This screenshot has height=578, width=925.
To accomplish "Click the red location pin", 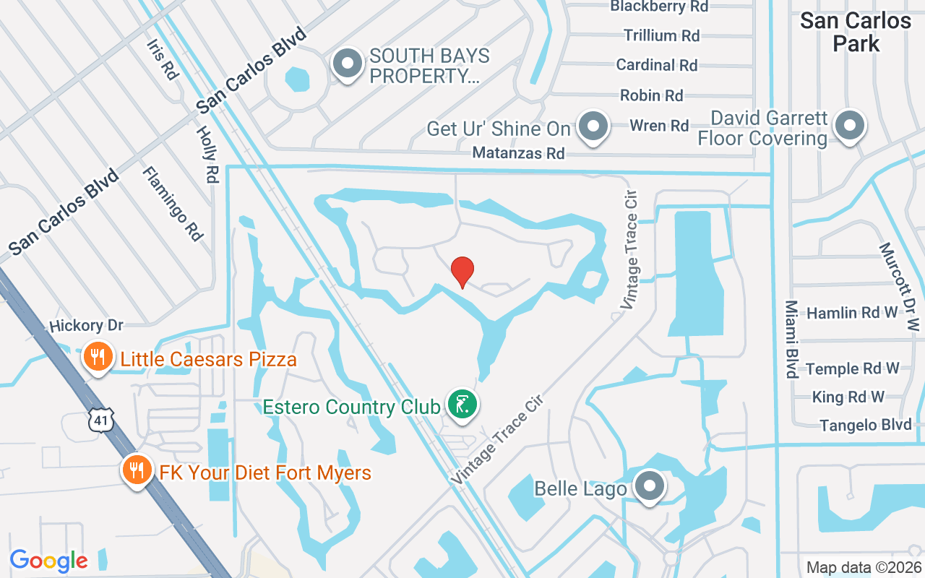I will coord(462,272).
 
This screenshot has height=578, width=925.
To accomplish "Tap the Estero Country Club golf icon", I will coord(461,404).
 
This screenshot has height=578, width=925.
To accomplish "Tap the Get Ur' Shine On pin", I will coord(594,126).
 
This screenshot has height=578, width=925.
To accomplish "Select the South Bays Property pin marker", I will coord(348,64).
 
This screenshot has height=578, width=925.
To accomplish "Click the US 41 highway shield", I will coord(101,420).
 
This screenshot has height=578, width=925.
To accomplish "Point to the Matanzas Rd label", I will coord(518,153).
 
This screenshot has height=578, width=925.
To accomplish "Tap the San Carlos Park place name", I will coord(856,32).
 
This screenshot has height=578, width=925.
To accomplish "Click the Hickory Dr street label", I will coord(87,326).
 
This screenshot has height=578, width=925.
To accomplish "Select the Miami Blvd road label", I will coord(791,339).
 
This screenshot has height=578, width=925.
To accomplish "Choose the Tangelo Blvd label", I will coord(866,425).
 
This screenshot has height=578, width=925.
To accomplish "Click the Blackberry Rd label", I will coord(659,7).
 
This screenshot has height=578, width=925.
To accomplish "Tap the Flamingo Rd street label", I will coord(173,203).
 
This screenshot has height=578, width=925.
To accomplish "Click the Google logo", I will coord(49,561).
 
